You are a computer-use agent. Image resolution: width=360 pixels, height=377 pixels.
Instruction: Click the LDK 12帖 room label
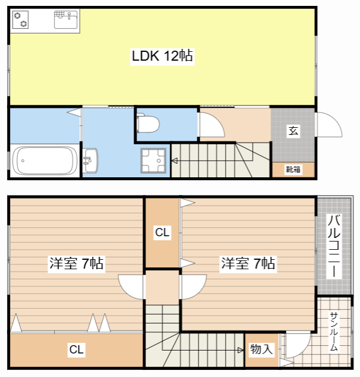click(x=163, y=56)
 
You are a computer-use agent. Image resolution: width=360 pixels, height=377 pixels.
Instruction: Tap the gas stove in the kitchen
click(x=21, y=19)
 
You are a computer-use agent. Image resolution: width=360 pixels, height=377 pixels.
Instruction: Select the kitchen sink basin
click(x=65, y=19)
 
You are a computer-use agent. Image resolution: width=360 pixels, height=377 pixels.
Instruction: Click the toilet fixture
click(x=148, y=124)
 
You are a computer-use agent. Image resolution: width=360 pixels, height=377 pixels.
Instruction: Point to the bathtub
click(x=45, y=161)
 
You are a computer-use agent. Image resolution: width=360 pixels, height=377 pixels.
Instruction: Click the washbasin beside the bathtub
click(x=90, y=160)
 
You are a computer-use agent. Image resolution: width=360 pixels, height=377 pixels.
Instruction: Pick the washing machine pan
click(x=153, y=161)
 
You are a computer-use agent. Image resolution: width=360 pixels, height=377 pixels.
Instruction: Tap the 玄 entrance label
click(x=293, y=131)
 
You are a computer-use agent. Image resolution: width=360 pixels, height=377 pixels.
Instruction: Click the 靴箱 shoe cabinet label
click(x=293, y=170)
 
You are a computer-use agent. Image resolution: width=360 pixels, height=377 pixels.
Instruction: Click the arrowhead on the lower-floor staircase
click(x=174, y=160)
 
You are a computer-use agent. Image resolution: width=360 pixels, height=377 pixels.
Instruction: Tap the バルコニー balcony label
click(x=334, y=246)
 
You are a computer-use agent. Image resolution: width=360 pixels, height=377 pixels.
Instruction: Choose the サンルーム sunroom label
click(x=334, y=331)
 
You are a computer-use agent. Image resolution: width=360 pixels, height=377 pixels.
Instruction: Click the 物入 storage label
click(x=262, y=349)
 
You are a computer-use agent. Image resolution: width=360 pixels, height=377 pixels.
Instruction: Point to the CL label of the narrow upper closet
click(x=163, y=232)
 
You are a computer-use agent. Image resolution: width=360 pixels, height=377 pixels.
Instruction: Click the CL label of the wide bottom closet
click(x=76, y=349)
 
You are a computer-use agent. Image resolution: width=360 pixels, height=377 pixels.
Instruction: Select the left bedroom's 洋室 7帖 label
click(x=77, y=263)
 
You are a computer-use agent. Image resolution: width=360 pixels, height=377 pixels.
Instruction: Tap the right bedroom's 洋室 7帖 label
click(x=248, y=263)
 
